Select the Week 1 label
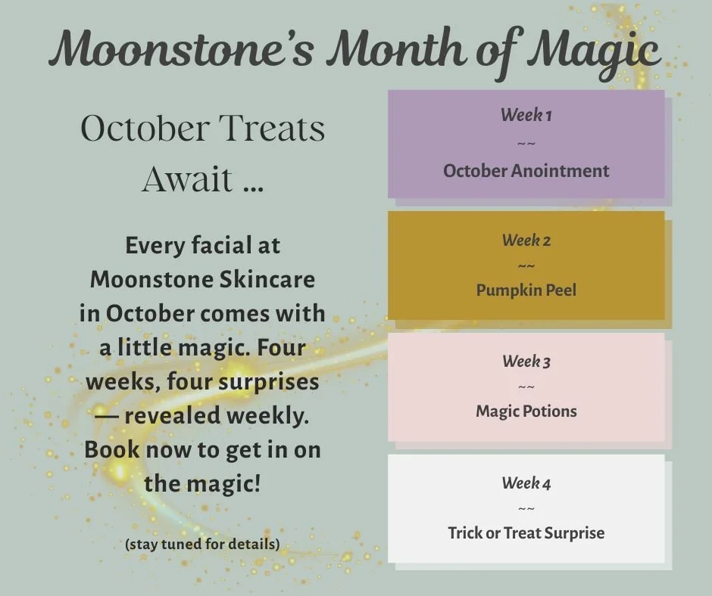tap(526, 115)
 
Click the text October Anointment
tap(526, 170)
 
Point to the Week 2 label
tap(526, 241)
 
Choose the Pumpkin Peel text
tap(526, 290)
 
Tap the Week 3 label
tap(526, 362)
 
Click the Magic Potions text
tap(526, 411)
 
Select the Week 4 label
tap(526, 483)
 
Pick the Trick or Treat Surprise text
tap(526, 532)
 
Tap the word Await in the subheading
tap(187, 179)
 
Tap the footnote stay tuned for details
tap(202, 544)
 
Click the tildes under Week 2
tap(526, 265)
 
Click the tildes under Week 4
tap(526, 508)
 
